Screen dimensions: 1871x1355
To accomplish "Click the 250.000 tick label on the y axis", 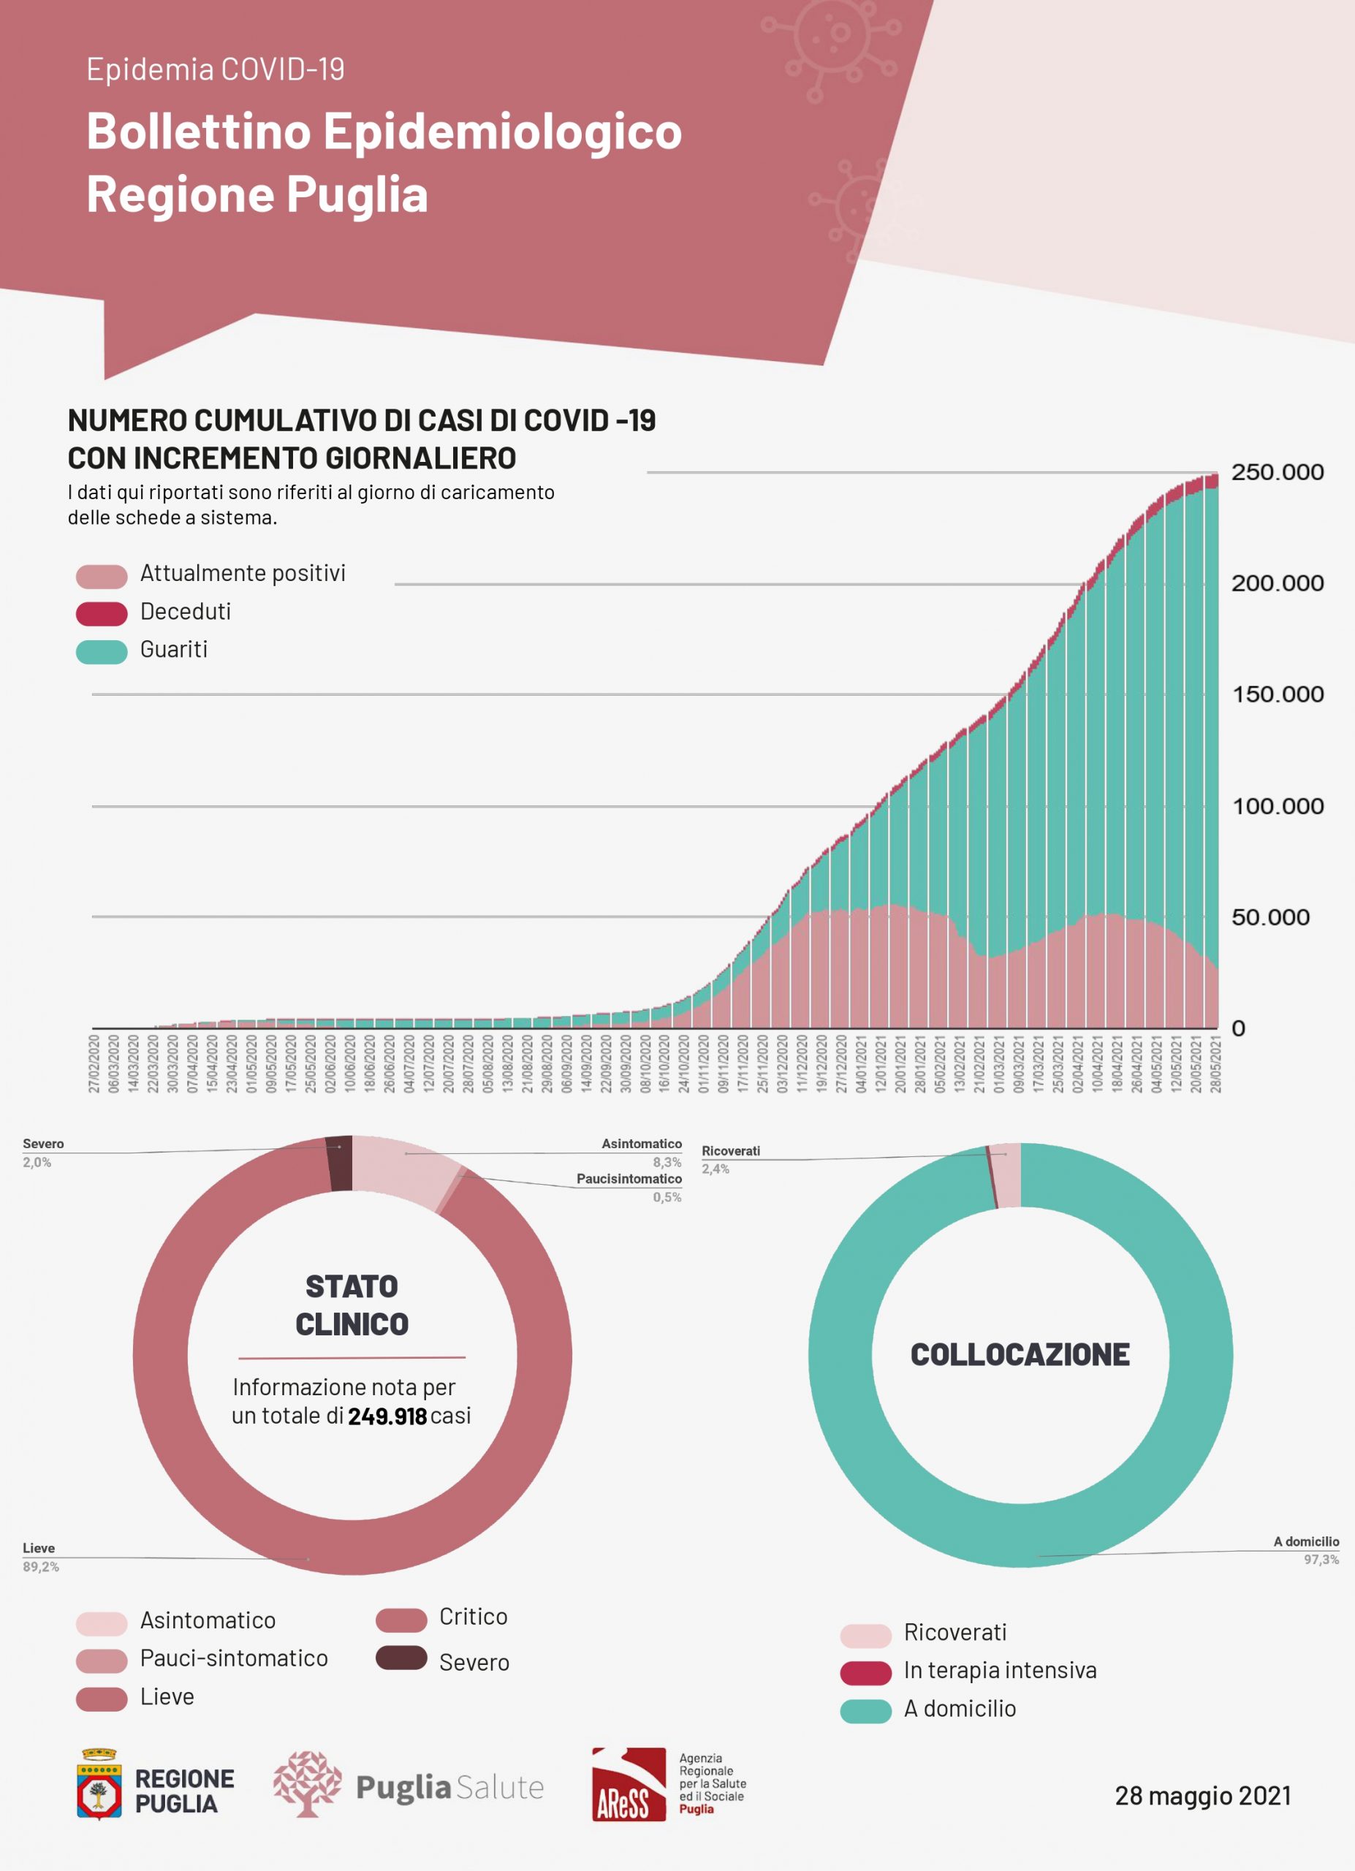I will click(x=1277, y=472).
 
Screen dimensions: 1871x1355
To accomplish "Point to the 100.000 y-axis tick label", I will click(x=1277, y=806).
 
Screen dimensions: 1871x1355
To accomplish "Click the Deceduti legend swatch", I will click(x=102, y=613).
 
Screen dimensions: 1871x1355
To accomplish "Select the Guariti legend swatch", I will click(x=102, y=651).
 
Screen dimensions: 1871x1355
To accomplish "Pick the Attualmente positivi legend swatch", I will click(x=102, y=576).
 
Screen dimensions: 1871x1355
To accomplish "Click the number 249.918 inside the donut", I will click(x=387, y=1416).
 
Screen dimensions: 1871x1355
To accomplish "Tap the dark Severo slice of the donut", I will click(x=340, y=1164).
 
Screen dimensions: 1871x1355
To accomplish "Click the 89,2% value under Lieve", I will click(x=40, y=1566).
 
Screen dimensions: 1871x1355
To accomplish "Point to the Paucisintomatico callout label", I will click(x=629, y=1179).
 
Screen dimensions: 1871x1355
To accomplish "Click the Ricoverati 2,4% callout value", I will click(x=715, y=1169).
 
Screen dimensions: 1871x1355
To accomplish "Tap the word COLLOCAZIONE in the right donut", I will click(x=1020, y=1354).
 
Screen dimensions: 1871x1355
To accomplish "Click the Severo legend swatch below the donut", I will click(x=401, y=1658).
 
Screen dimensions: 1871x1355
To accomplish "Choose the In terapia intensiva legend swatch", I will click(x=865, y=1673).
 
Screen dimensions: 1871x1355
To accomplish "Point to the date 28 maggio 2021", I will click(x=1202, y=1796).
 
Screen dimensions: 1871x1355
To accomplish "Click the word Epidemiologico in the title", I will click(x=502, y=131).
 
